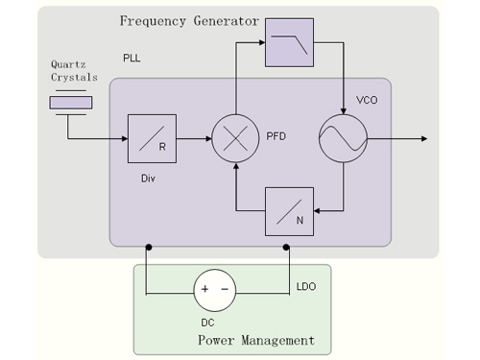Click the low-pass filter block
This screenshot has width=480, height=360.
click(289, 42)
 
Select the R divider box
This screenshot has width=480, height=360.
click(152, 138)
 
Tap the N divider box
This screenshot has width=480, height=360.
click(289, 211)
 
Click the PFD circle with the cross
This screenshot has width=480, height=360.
click(235, 138)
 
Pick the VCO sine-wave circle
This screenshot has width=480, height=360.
click(343, 138)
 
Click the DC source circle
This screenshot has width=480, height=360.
click(215, 290)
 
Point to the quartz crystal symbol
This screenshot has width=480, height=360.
click(71, 103)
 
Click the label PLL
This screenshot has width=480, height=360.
click(132, 58)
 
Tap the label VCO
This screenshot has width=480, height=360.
click(367, 100)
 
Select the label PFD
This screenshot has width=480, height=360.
click(276, 136)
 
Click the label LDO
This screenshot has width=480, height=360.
click(306, 286)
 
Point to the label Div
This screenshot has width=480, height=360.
click(148, 179)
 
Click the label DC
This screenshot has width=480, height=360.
click(207, 323)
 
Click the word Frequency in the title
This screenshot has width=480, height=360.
click(153, 21)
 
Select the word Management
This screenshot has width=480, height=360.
click(277, 340)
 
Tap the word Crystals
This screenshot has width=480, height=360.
click(74, 78)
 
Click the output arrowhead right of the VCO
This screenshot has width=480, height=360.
click(424, 138)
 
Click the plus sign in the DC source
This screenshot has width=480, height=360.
click(204, 289)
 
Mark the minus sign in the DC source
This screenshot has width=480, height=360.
click(225, 289)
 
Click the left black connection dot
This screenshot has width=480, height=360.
click(149, 247)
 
